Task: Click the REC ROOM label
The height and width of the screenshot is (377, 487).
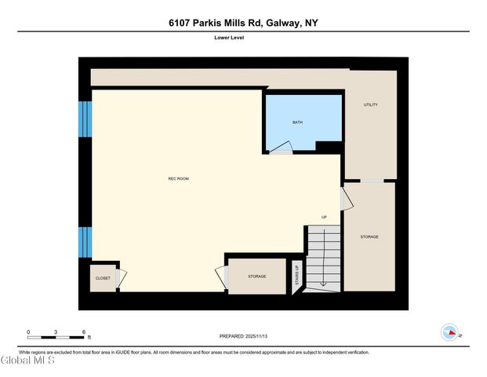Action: click(x=178, y=179)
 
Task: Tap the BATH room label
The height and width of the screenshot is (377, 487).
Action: click(x=297, y=123)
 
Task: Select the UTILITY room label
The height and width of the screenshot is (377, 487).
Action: click(x=371, y=104)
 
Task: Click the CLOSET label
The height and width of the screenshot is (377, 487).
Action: click(x=103, y=278)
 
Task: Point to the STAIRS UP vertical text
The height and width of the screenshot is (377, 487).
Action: click(x=296, y=276)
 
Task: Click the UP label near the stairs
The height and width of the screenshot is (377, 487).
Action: click(x=324, y=217)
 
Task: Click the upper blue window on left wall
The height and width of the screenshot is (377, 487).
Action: click(x=85, y=118)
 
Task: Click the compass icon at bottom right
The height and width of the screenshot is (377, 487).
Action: click(x=450, y=332)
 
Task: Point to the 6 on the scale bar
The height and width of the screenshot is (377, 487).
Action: click(x=83, y=331)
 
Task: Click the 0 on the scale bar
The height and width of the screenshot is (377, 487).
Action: click(x=28, y=331)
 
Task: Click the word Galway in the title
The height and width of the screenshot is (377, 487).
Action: click(x=284, y=23)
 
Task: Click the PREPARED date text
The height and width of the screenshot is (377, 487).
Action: click(x=244, y=336)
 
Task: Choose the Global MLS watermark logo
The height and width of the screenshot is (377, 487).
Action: click(x=28, y=361)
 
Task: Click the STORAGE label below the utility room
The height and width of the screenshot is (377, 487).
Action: click(x=369, y=236)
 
